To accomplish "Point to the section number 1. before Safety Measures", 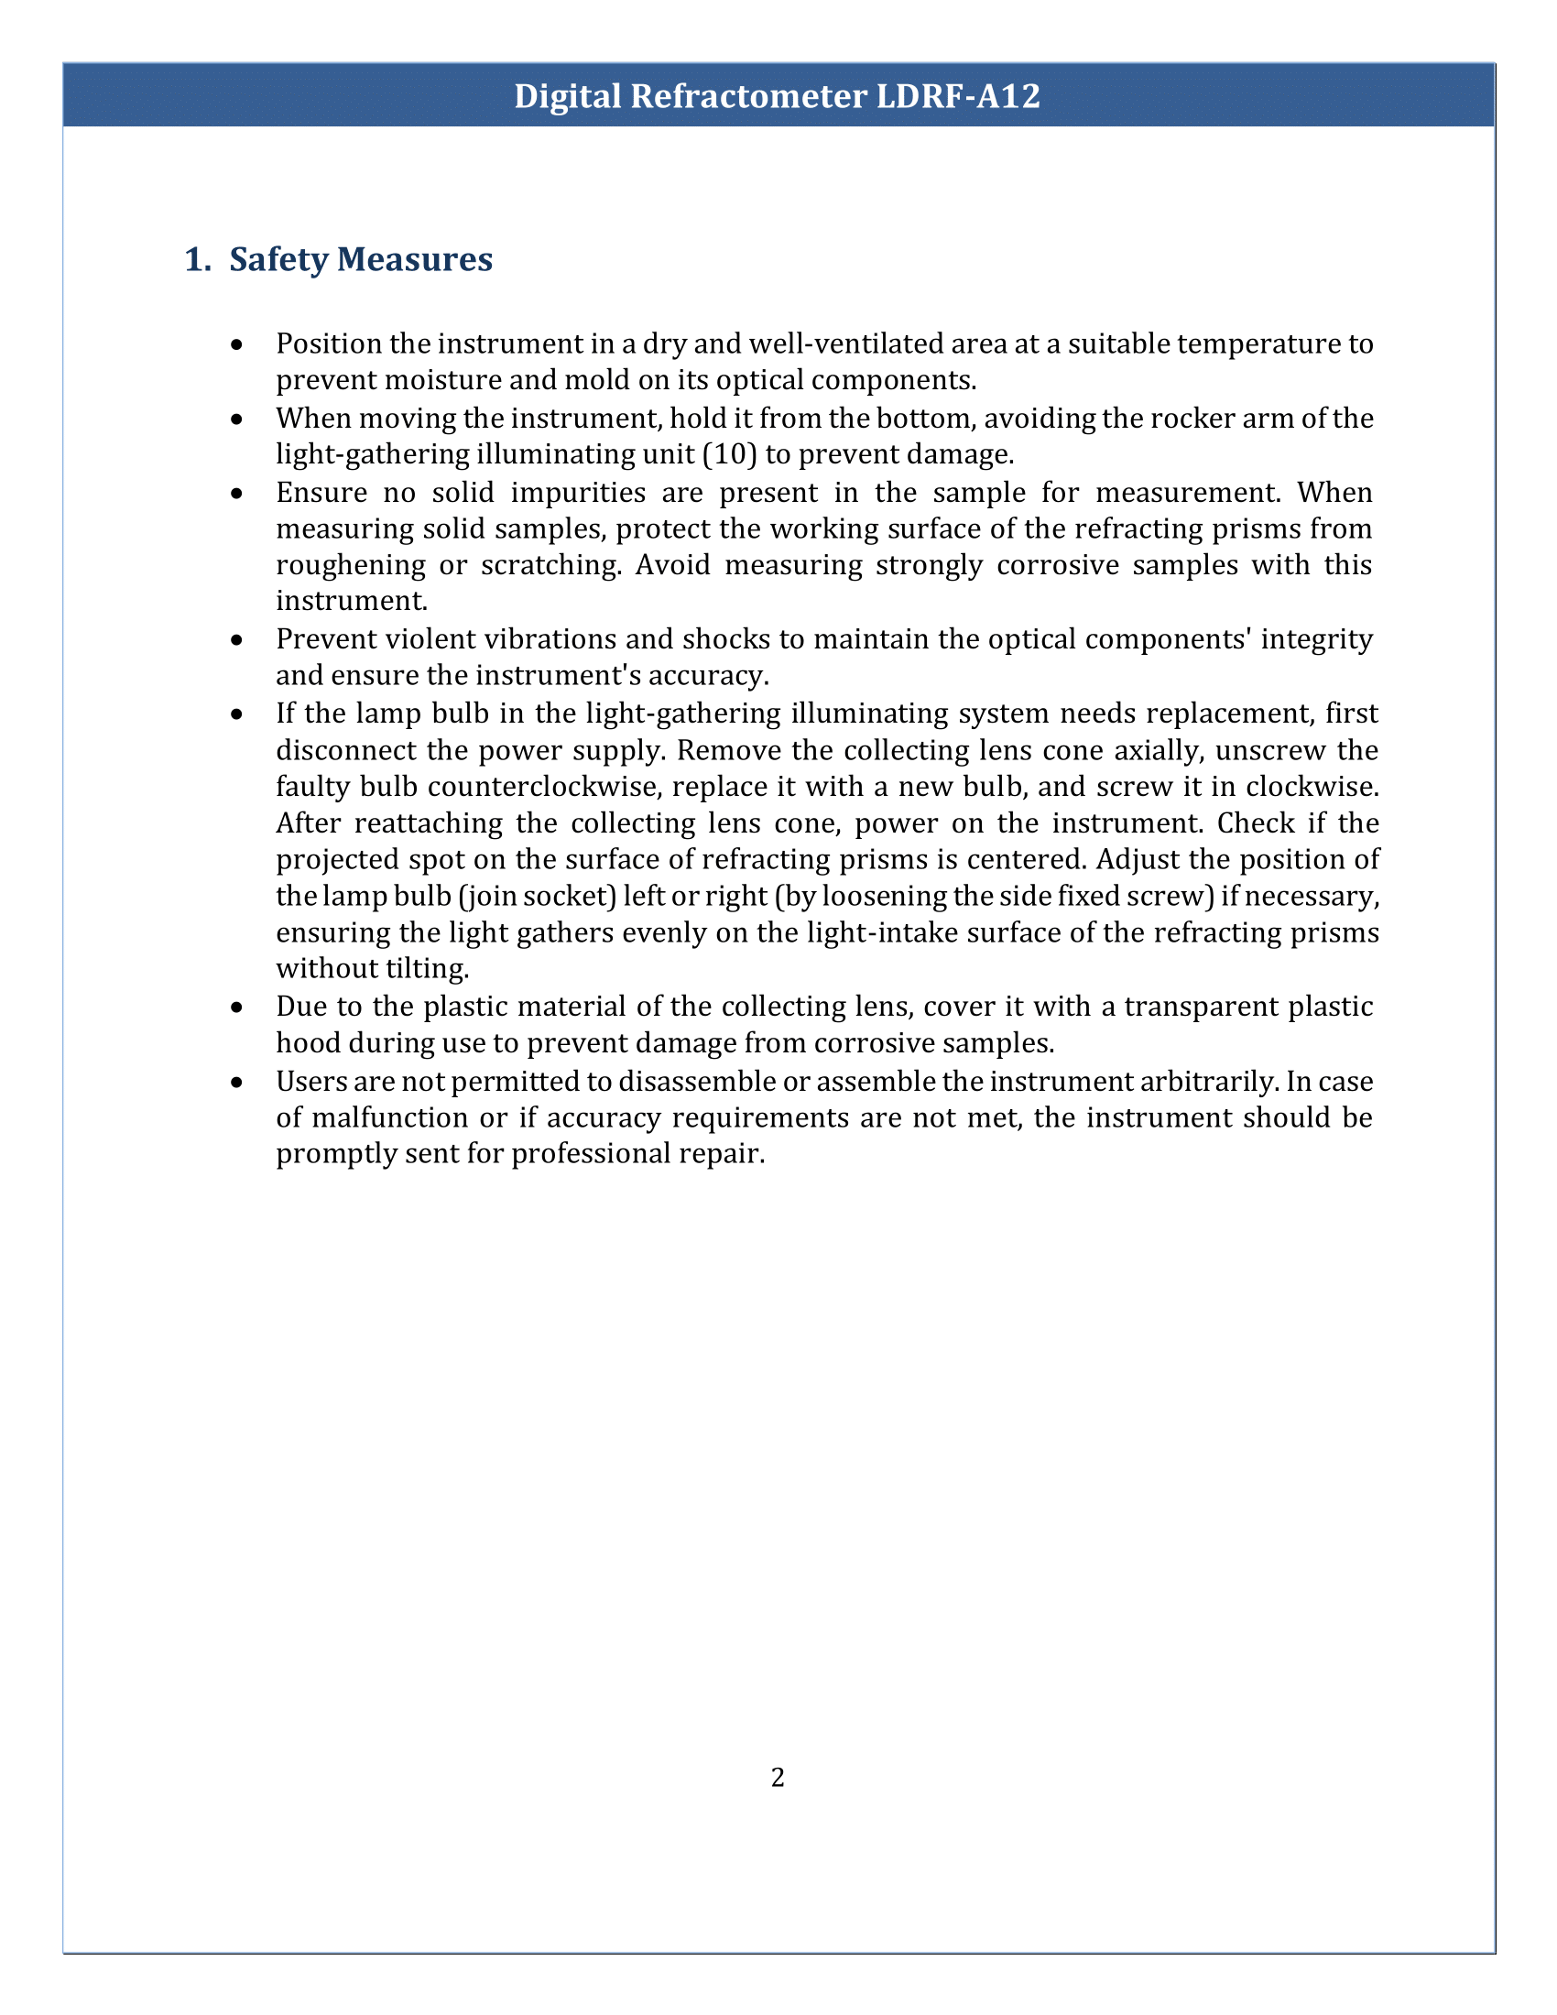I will tap(198, 259).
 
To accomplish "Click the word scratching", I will tap(550, 563).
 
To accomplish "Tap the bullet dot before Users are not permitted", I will tap(237, 1083).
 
